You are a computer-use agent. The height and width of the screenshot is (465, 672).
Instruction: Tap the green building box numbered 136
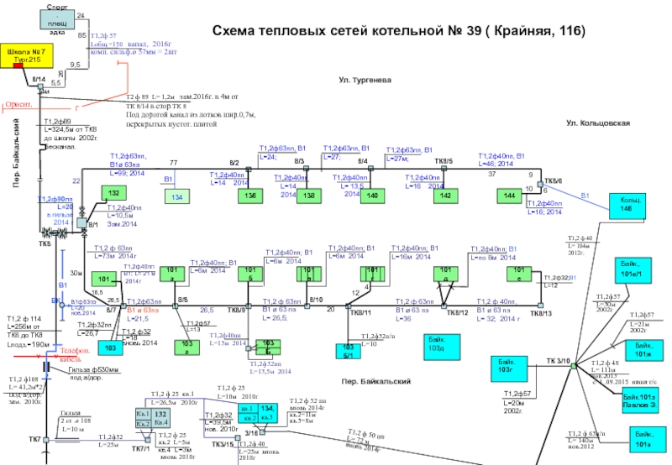click(x=249, y=195)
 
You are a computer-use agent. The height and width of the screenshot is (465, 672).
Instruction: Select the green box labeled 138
click(x=310, y=195)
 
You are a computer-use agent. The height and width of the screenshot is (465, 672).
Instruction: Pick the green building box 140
click(x=374, y=195)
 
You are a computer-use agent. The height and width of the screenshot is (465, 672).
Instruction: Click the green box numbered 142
click(x=447, y=195)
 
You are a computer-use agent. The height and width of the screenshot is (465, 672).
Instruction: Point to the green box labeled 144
click(x=509, y=195)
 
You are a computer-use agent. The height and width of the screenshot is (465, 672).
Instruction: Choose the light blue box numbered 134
click(x=177, y=196)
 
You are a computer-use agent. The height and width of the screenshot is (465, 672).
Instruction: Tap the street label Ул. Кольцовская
click(x=598, y=123)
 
